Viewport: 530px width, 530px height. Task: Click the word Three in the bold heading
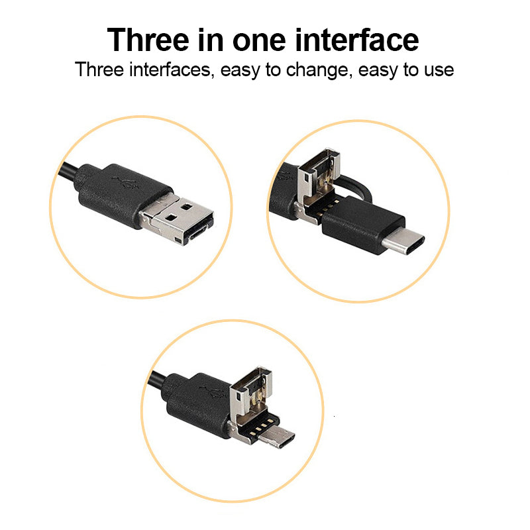[x=148, y=40]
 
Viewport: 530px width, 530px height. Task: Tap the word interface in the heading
[x=357, y=40]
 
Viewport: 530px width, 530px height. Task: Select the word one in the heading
[x=259, y=42]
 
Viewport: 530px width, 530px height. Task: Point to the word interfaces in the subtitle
[x=172, y=70]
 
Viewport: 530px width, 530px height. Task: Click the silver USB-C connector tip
[x=403, y=240]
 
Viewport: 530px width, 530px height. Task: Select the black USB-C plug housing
[x=363, y=225]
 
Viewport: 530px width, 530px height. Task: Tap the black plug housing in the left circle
[x=123, y=195]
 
